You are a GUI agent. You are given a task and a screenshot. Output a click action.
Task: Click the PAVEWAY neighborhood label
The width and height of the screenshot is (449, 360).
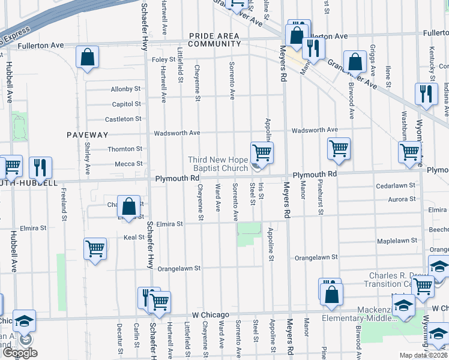tap(87, 135)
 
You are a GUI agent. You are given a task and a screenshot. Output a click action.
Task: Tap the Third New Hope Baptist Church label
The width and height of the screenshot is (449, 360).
tap(218, 164)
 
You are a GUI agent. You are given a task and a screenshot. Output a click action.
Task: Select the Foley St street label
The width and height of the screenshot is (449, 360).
tap(163, 59)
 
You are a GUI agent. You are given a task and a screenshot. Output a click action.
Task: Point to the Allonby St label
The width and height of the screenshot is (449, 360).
tap(125, 89)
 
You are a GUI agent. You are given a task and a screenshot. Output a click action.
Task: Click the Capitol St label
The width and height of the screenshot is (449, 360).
tap(126, 104)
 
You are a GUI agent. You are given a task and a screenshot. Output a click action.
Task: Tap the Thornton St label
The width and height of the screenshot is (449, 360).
tap(124, 149)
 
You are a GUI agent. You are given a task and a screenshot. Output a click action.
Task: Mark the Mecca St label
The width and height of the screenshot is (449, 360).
tap(128, 163)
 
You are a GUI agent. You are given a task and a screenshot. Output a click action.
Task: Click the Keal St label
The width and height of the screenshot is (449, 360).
tap(134, 237)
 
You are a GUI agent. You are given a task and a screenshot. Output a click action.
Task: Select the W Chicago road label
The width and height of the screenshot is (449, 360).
tap(211, 315)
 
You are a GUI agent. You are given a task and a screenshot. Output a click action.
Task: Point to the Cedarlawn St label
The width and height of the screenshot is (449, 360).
tap(396, 186)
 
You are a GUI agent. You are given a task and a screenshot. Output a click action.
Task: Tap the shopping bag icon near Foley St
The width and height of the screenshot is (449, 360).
tap(88, 58)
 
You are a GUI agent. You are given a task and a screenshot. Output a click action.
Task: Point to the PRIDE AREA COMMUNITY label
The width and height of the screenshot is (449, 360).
tap(215, 40)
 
